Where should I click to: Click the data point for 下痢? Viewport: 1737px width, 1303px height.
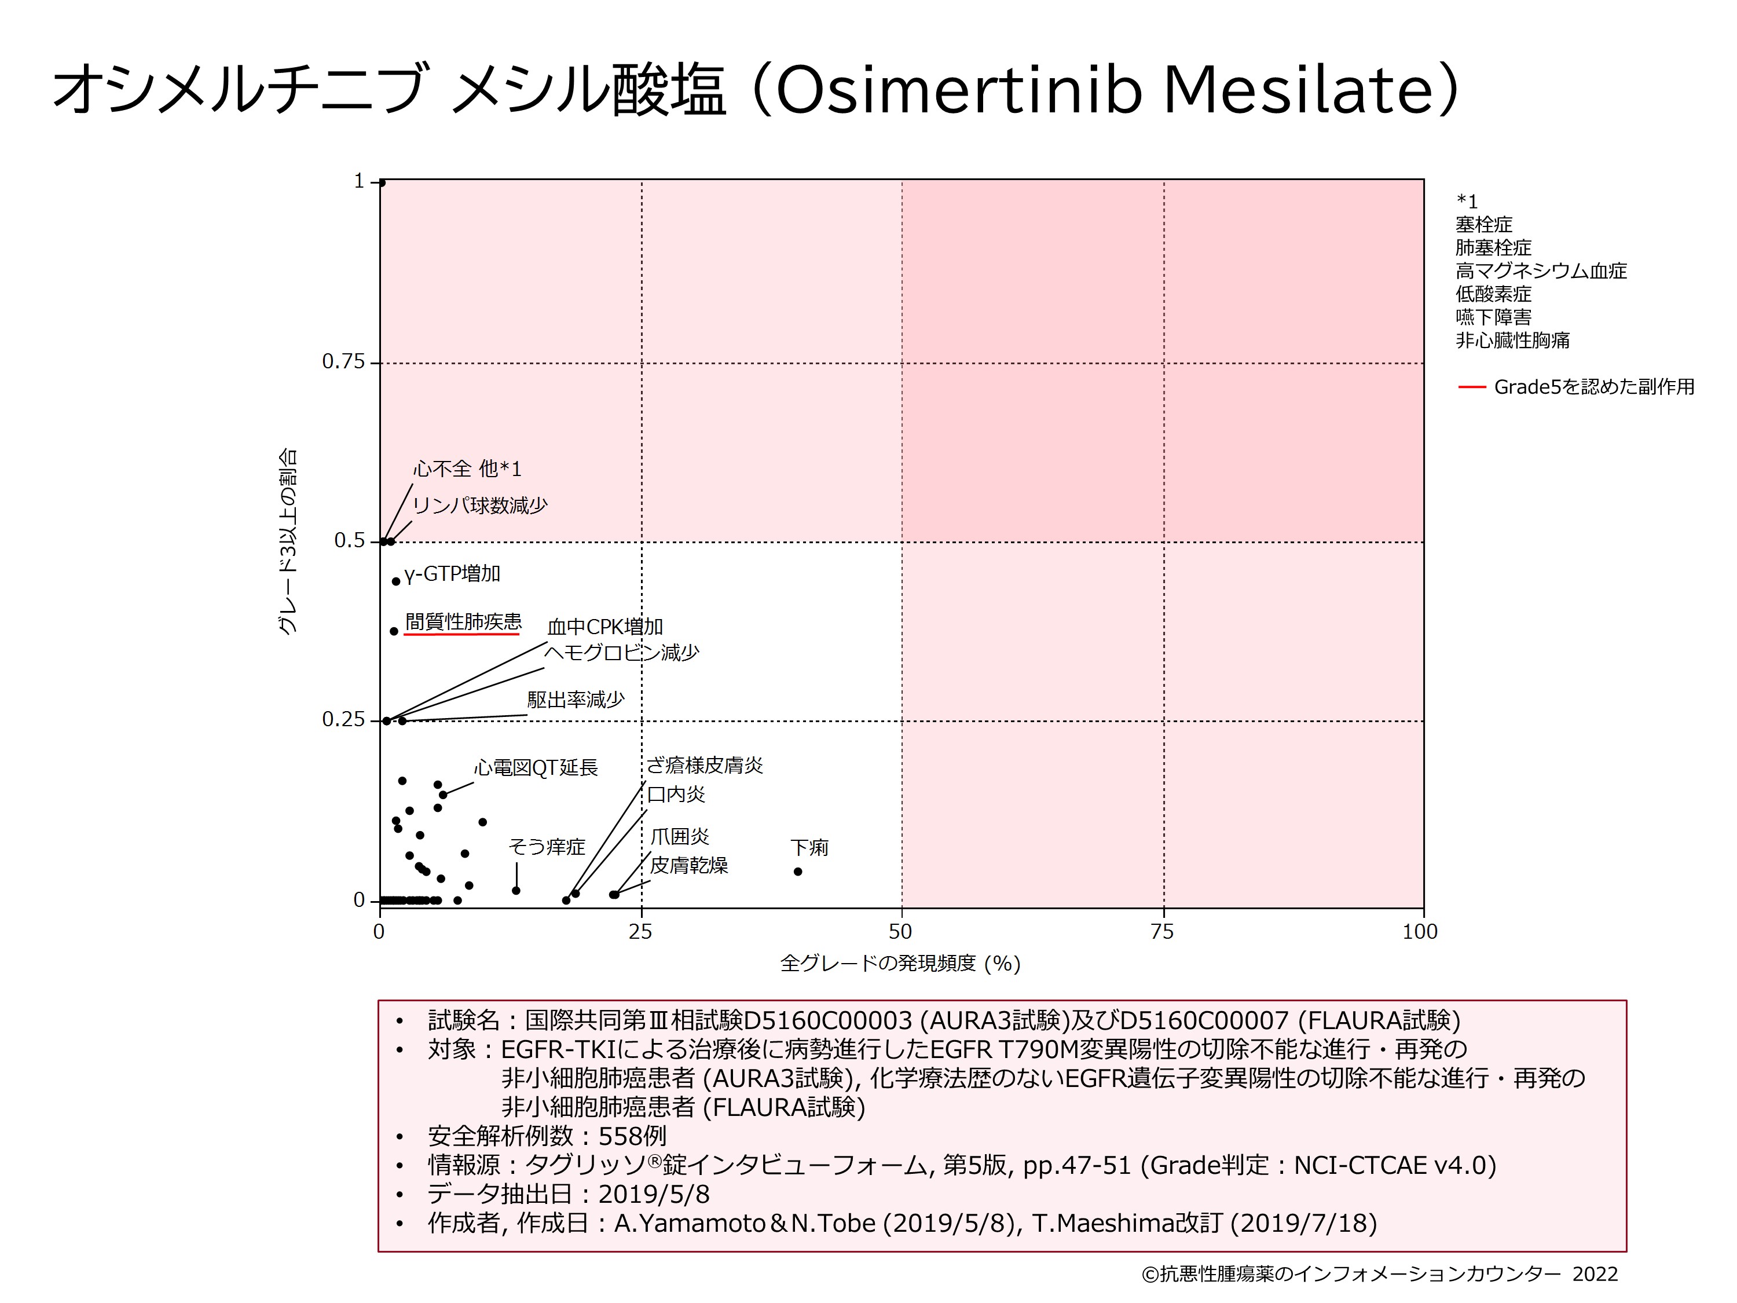click(798, 871)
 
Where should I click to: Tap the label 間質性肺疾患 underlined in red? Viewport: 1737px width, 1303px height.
click(463, 622)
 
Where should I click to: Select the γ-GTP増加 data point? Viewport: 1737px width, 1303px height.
click(396, 581)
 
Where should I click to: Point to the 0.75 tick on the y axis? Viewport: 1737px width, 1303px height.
click(343, 362)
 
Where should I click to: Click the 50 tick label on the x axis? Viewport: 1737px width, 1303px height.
click(901, 932)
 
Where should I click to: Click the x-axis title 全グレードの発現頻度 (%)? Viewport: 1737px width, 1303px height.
click(900, 963)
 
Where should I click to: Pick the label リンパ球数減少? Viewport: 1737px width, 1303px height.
click(480, 506)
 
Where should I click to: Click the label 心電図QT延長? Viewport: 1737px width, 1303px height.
click(536, 767)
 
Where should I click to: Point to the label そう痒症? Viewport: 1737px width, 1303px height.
click(547, 847)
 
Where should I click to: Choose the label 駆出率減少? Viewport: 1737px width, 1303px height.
click(576, 699)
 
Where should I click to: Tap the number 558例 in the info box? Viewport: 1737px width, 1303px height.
click(632, 1136)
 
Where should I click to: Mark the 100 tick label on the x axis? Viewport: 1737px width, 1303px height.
click(1420, 932)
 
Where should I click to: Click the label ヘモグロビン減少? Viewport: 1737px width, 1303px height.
click(621, 653)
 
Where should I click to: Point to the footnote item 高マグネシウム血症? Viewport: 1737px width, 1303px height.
click(1541, 271)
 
